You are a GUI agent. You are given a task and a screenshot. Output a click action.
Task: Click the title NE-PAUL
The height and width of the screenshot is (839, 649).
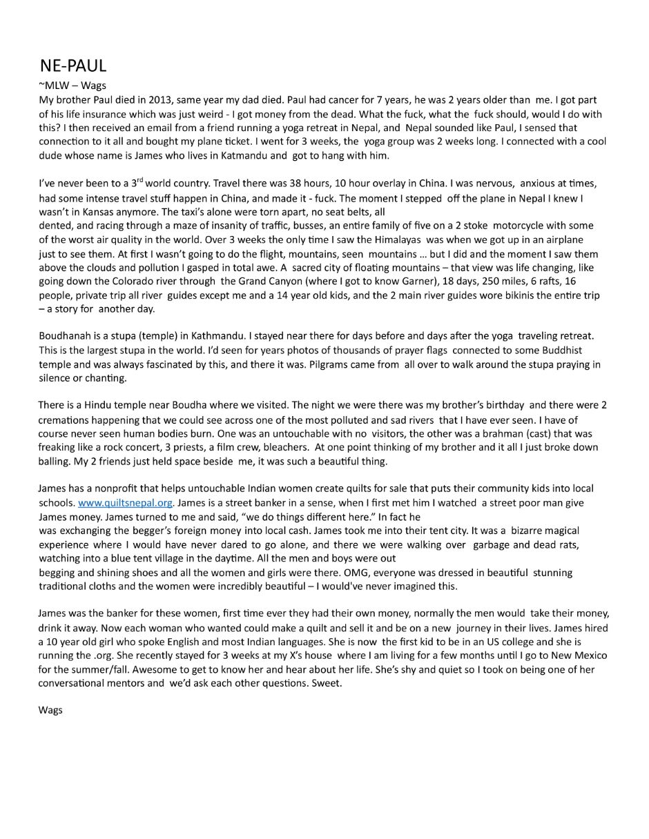(x=72, y=66)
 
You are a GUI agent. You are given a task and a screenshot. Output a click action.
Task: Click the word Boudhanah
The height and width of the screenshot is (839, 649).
(x=66, y=336)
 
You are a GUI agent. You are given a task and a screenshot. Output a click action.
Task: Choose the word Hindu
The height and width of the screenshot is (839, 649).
(x=100, y=405)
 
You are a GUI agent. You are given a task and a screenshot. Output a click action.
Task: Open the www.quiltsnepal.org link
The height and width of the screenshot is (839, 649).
(x=125, y=503)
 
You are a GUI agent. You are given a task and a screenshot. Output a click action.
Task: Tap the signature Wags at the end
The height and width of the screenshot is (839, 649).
(x=50, y=710)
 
